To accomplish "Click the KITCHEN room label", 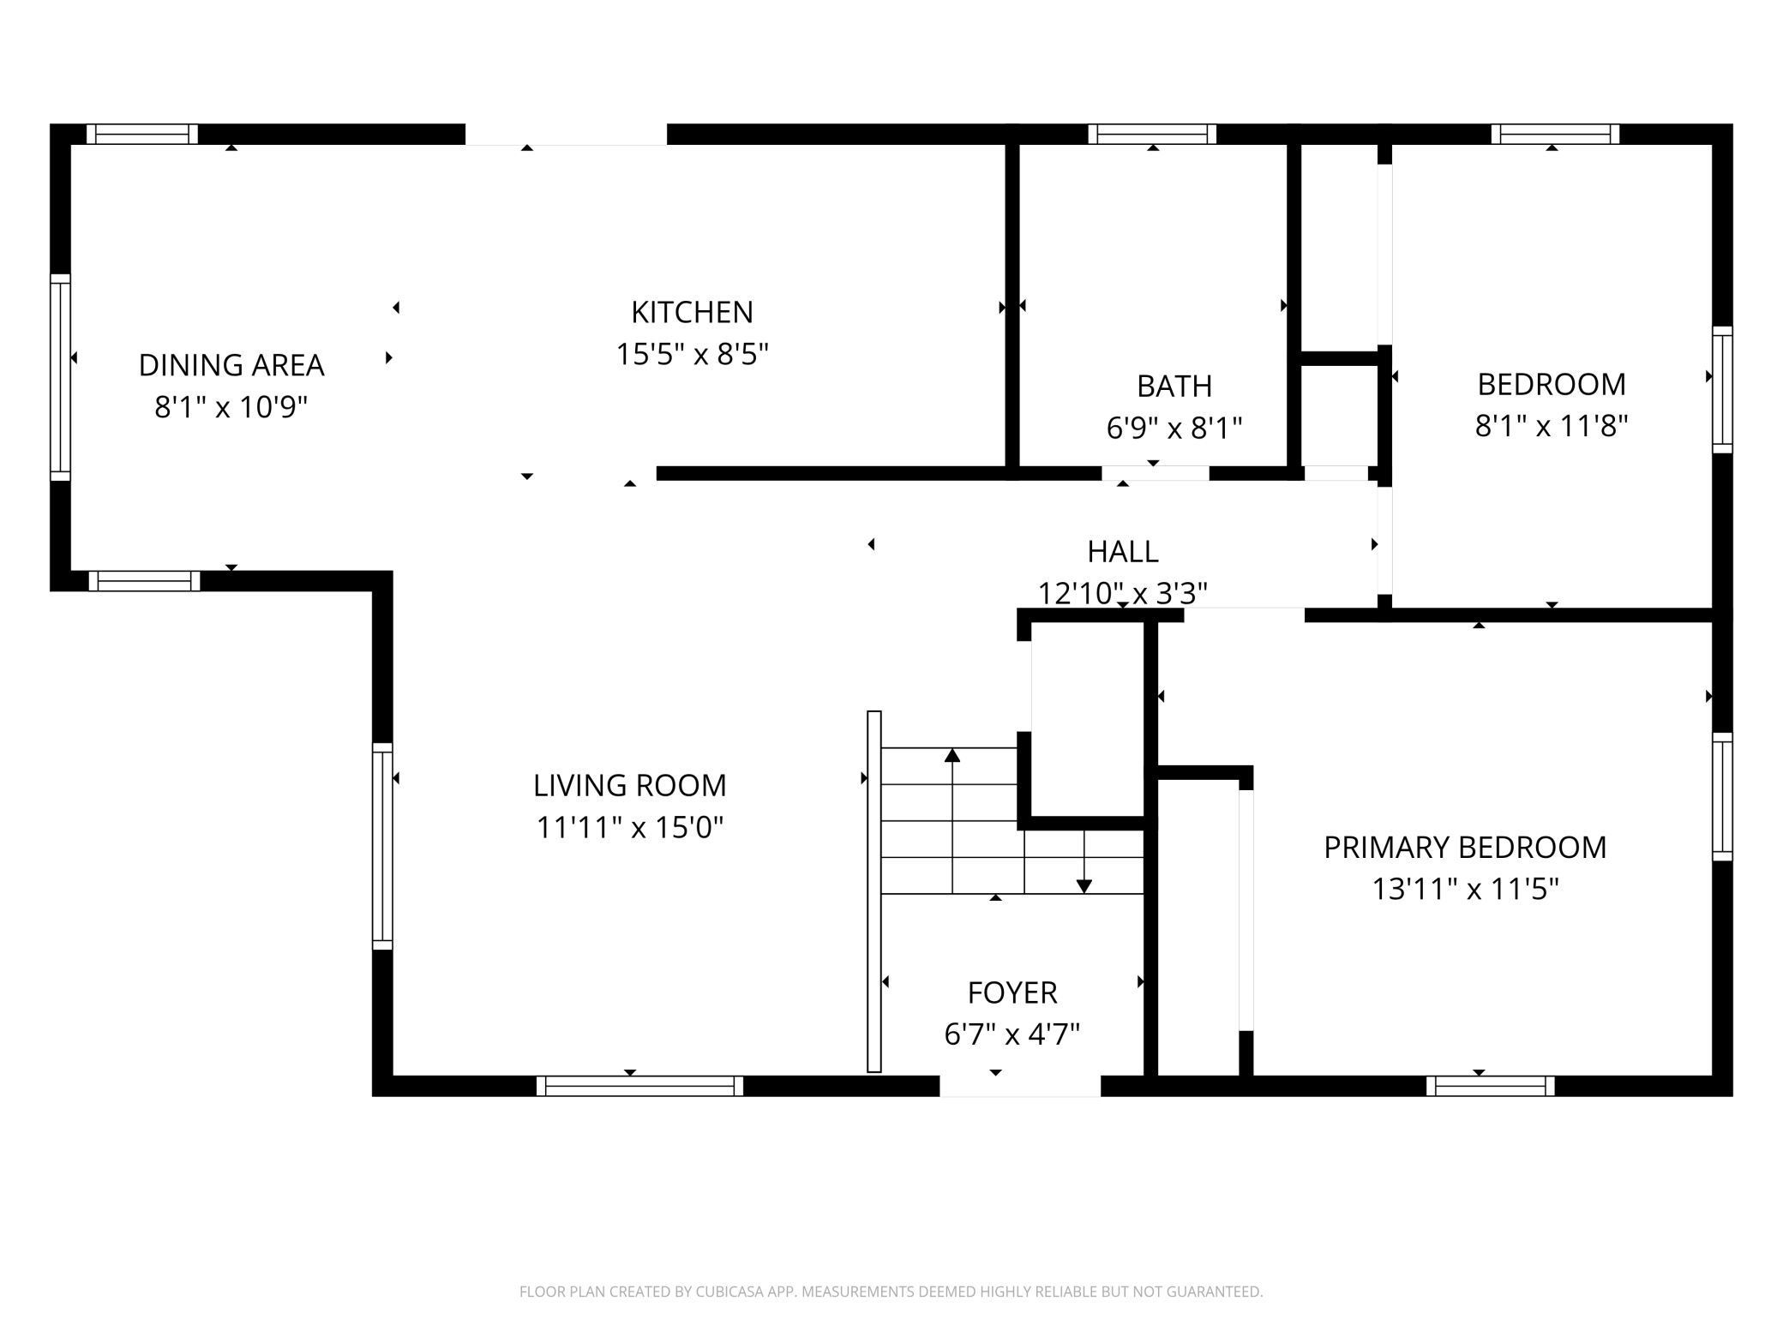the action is tap(692, 312).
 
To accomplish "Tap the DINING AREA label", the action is tap(231, 365).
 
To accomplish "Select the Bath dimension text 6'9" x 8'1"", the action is tap(1174, 427).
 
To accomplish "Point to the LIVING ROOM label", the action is tap(629, 785).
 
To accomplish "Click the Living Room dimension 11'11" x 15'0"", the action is tap(630, 827).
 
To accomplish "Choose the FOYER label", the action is tap(1012, 992).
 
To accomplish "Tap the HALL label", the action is tap(1123, 551).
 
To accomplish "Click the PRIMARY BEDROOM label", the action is tap(1465, 847).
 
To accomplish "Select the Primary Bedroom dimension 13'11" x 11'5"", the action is tap(1465, 889).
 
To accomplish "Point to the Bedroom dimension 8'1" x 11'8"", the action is tap(1552, 425).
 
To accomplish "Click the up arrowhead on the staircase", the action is tap(952, 755).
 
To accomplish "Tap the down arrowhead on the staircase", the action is tap(1084, 886).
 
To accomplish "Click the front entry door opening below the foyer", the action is tap(1020, 1086).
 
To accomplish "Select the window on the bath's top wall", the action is tap(1153, 134).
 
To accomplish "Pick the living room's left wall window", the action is tap(382, 847).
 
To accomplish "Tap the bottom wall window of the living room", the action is tap(639, 1086).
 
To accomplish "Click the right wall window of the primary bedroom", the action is tap(1722, 796).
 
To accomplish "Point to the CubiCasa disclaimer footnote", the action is tap(891, 1292).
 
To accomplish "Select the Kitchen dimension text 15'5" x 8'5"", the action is tap(693, 354).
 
